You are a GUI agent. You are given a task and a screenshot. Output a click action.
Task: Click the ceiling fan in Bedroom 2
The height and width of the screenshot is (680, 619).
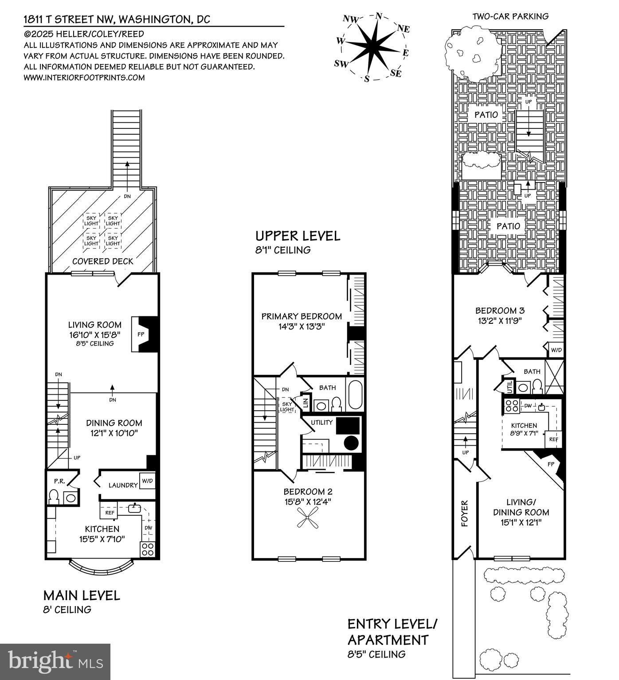pyautogui.click(x=308, y=517)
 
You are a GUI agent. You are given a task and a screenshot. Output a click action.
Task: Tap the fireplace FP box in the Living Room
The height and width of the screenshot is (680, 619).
pyautogui.click(x=136, y=334)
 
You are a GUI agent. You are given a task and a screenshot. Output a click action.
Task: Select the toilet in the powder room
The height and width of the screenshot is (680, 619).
pyautogui.click(x=54, y=497)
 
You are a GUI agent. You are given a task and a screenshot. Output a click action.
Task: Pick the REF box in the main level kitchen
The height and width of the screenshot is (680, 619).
pyautogui.click(x=109, y=513)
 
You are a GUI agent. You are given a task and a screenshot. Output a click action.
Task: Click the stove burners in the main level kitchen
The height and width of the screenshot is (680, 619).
pyautogui.click(x=148, y=550)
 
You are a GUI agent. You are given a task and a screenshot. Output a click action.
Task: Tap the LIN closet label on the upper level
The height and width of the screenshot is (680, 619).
pyautogui.click(x=306, y=403)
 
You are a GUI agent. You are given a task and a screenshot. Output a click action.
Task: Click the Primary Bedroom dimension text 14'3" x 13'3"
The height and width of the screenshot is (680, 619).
pyautogui.click(x=302, y=326)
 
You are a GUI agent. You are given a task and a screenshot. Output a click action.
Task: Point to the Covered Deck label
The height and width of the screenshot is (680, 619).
pyautogui.click(x=103, y=261)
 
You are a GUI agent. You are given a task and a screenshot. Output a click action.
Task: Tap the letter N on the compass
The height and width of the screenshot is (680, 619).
pyautogui.click(x=379, y=16)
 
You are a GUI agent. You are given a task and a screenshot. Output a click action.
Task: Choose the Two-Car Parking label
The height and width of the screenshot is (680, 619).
pyautogui.click(x=510, y=16)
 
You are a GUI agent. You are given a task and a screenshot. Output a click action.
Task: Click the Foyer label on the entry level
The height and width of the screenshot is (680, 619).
pyautogui.click(x=464, y=513)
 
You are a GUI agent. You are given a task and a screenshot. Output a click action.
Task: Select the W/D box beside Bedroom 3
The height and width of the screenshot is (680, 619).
pyautogui.click(x=556, y=350)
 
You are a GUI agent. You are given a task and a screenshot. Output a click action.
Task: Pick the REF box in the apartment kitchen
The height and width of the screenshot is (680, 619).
pyautogui.click(x=553, y=439)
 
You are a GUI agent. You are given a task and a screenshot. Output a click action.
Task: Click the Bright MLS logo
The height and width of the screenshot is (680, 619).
pyautogui.click(x=55, y=662)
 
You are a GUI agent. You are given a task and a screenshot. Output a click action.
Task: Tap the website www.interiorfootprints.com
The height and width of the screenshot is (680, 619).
pyautogui.click(x=84, y=78)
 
